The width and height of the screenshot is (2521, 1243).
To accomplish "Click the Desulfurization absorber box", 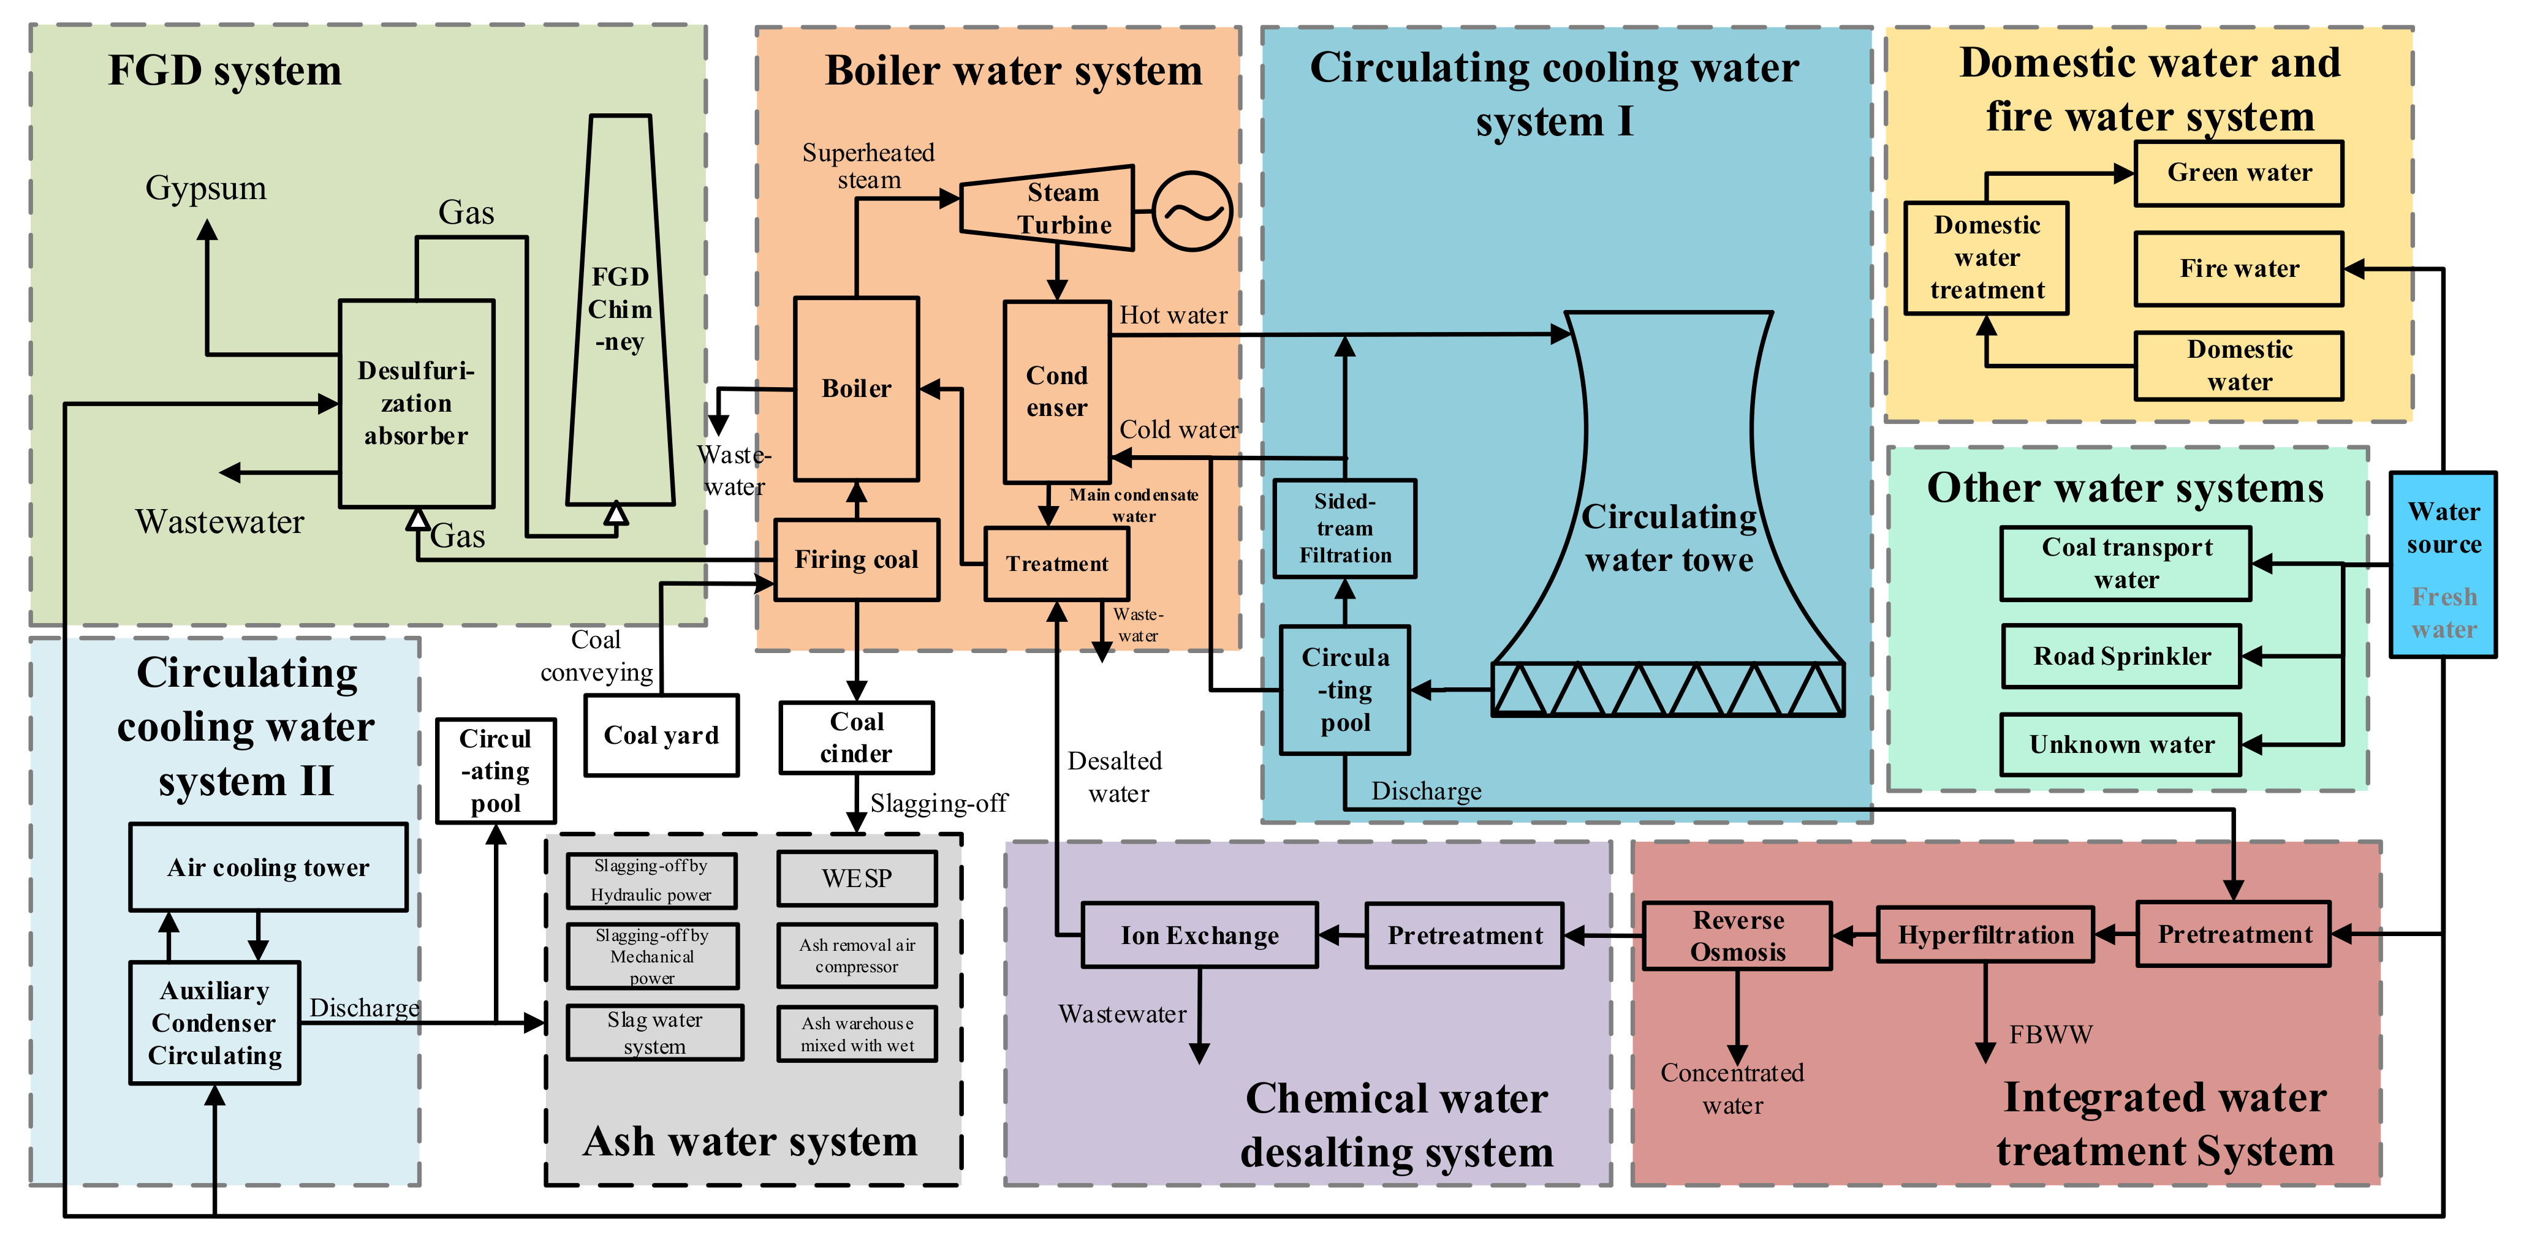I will click(x=416, y=403).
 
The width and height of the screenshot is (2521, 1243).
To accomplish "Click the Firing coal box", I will click(x=856, y=560).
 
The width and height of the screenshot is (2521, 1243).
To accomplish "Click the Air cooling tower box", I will click(x=268, y=867).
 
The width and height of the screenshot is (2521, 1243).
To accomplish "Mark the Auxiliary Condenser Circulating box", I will click(x=214, y=1023).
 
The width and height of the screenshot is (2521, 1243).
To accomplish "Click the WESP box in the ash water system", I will click(x=856, y=878).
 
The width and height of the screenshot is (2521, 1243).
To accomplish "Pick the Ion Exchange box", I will click(x=1200, y=935).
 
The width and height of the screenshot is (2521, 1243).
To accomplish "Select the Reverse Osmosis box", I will click(x=1737, y=935).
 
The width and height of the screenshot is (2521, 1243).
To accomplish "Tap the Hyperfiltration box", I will click(x=1985, y=935).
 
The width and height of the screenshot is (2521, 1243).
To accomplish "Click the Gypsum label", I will click(x=205, y=188).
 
